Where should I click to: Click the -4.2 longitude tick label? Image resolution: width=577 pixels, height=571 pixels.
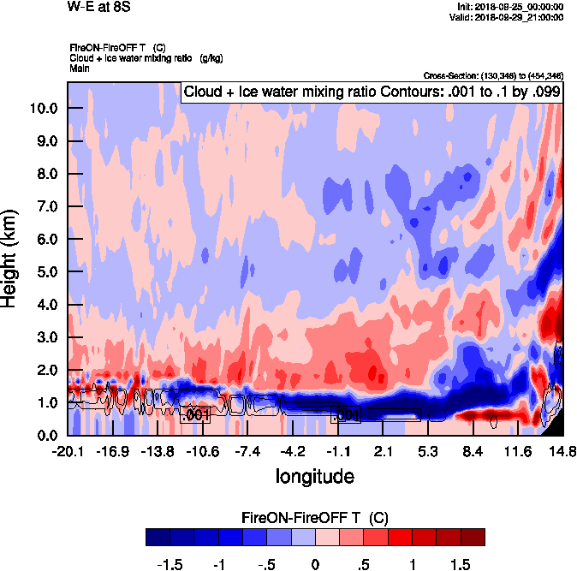[292, 451]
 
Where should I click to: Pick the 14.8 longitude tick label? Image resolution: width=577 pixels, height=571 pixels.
[562, 451]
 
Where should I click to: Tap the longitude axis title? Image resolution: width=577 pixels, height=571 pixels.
[314, 474]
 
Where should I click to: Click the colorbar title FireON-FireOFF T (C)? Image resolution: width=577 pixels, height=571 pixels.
[315, 518]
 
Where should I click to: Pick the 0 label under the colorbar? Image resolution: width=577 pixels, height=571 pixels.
[315, 565]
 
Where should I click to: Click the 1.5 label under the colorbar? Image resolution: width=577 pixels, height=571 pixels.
[461, 565]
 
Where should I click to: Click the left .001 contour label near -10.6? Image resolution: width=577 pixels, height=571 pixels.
[196, 415]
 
